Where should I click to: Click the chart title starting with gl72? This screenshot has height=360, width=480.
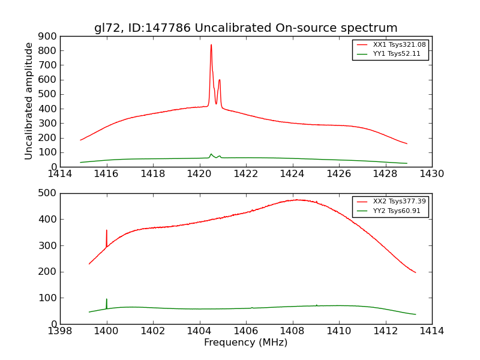(x=245, y=28)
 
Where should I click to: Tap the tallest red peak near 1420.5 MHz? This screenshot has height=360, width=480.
(x=211, y=46)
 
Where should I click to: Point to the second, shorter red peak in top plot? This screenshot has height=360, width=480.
(x=220, y=80)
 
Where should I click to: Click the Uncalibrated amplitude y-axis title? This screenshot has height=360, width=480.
(x=29, y=101)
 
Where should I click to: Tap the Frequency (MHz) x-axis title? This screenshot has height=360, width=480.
(x=245, y=343)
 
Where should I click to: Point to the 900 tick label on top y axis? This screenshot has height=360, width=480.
(x=48, y=36)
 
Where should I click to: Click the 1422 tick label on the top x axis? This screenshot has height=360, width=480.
(x=246, y=174)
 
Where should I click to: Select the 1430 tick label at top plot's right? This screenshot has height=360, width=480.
(x=431, y=174)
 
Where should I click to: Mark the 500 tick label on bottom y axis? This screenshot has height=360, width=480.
(x=48, y=193)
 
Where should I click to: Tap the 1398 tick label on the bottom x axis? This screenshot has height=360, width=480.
(x=60, y=331)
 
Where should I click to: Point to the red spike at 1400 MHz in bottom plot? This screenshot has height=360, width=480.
(x=107, y=231)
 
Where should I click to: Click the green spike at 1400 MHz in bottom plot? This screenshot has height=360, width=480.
(x=107, y=300)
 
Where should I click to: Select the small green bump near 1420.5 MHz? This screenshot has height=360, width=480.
(x=211, y=154)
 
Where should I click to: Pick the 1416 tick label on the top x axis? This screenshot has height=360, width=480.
(x=106, y=174)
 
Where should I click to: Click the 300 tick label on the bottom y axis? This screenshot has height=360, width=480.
(x=48, y=245)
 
